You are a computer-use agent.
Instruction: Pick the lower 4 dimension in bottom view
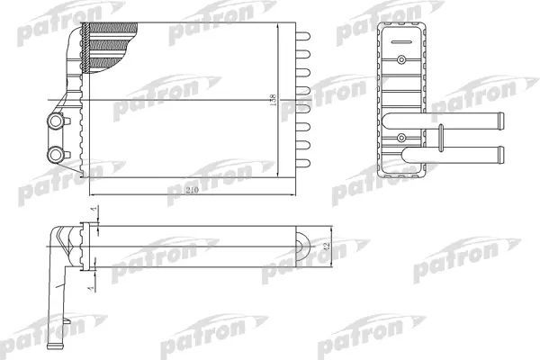pyautogui.click(x=94, y=280)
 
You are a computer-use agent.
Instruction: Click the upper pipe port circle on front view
pyautogui.click(x=58, y=121)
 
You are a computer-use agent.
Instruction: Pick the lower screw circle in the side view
pyautogui.click(x=397, y=138)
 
